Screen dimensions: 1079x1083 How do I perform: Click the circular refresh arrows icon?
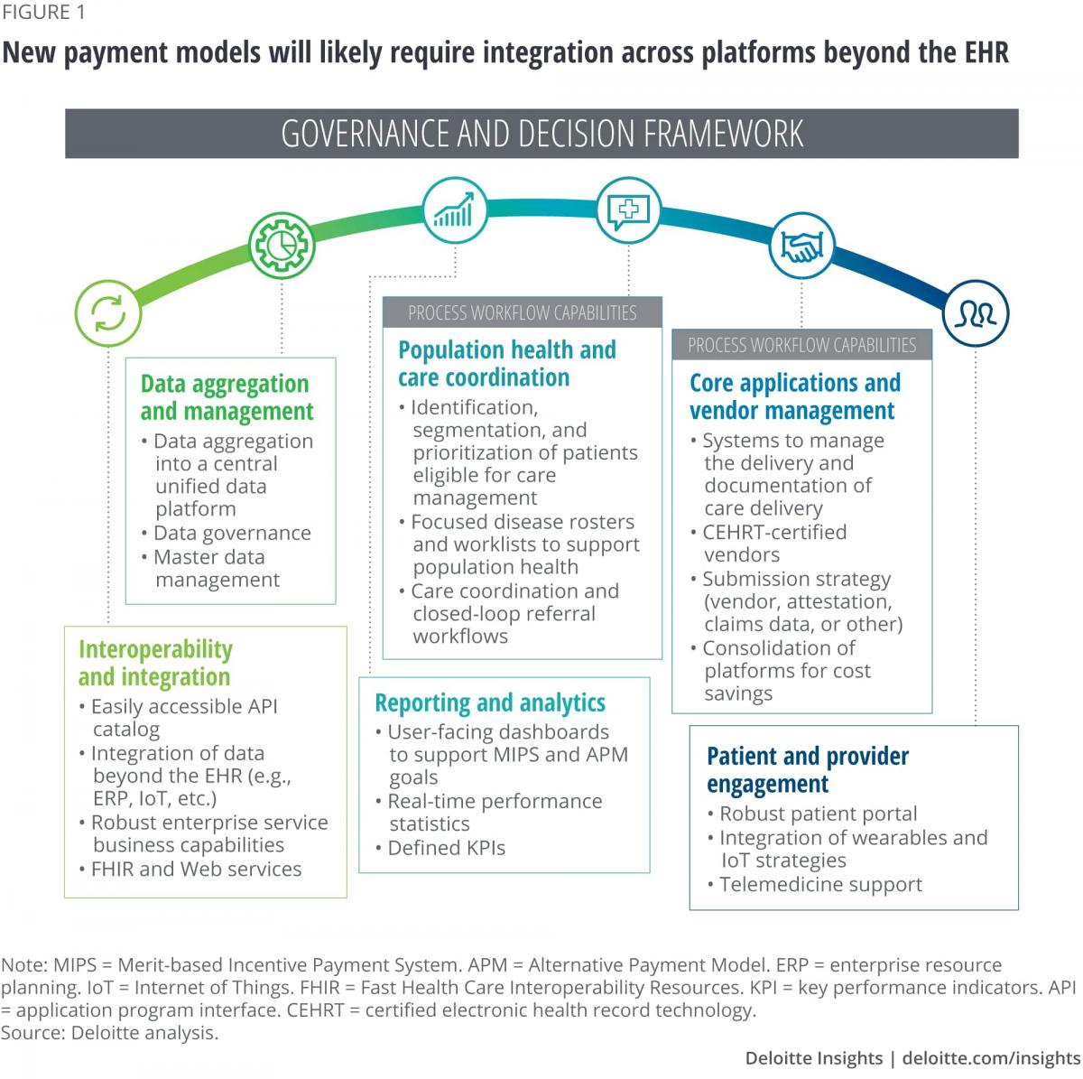coord(107,314)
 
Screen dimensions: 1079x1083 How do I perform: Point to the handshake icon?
coord(801,246)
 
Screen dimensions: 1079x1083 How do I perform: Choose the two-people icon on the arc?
coord(976,313)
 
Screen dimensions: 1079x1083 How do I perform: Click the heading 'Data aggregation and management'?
coord(227,397)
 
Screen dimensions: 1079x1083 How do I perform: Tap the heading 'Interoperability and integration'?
coord(155,663)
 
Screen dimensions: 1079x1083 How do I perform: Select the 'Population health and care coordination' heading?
coord(507,363)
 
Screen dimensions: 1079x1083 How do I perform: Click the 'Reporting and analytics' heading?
coord(490,702)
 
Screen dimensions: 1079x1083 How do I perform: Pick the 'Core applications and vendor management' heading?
coord(795,396)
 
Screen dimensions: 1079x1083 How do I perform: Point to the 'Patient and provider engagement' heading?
coord(808,769)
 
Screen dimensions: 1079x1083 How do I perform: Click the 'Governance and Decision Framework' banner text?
coord(541,134)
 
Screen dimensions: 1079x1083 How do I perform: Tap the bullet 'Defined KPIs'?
coord(446,848)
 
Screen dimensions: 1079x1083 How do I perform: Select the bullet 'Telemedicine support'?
coord(820,885)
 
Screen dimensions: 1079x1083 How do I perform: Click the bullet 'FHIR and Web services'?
coord(196,870)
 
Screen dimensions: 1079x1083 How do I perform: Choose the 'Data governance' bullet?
coord(232,534)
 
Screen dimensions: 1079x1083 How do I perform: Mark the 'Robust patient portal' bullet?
coord(818,814)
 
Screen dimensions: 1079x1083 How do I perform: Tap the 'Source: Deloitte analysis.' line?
coord(110,1033)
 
